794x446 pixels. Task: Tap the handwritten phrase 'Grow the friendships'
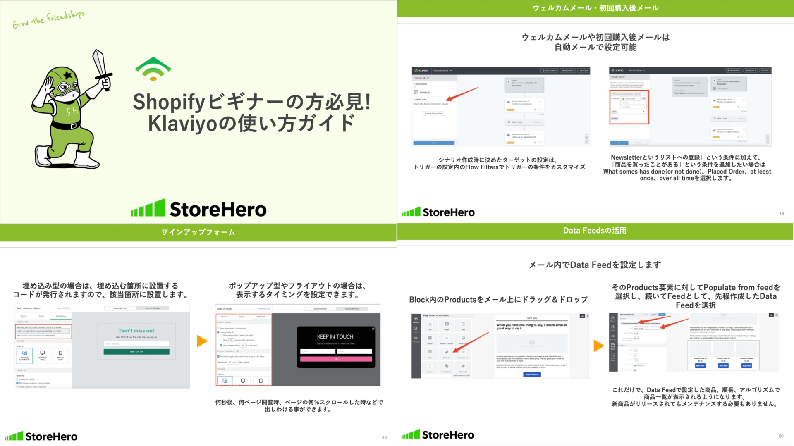pos(48,19)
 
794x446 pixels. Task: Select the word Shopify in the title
pos(169,102)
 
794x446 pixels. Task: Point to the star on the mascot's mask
pos(68,76)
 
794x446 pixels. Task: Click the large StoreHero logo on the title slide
pos(199,209)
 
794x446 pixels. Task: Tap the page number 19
pos(782,214)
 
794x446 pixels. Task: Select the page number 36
pos(384,438)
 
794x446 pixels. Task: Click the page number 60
pos(781,436)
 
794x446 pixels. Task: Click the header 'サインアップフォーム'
pos(198,232)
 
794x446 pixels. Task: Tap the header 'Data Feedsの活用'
pos(595,231)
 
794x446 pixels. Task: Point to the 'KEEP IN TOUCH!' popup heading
pos(336,337)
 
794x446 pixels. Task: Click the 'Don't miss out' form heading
pos(136,331)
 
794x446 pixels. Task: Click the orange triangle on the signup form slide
pos(202,341)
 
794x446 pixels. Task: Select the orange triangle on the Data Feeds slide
pos(598,346)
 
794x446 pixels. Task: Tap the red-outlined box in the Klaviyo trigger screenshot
pos(629,107)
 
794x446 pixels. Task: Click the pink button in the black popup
pos(336,359)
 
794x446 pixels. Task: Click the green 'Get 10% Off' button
pos(136,352)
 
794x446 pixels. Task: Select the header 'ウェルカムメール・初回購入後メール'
pos(595,8)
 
